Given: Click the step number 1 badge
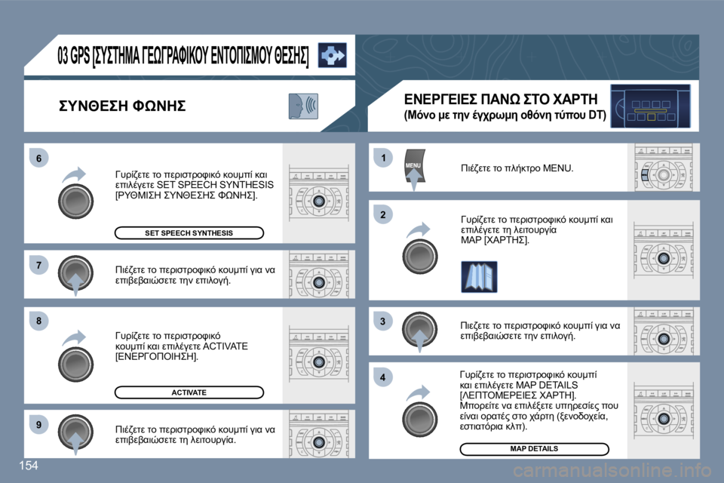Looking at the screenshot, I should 383,157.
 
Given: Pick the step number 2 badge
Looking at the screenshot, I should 383,215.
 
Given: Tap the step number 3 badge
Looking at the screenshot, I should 383,322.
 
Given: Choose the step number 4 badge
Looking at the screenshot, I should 383,377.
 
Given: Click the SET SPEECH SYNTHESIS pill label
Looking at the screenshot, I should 189,233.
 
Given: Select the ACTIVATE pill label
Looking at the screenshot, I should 189,392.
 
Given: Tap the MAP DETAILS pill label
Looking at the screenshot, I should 534,449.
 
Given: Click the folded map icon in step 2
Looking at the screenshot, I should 479,276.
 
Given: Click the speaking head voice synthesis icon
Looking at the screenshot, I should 303,106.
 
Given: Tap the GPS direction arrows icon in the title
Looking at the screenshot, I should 332,56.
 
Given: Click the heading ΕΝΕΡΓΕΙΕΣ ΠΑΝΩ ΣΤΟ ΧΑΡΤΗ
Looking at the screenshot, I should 501,99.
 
